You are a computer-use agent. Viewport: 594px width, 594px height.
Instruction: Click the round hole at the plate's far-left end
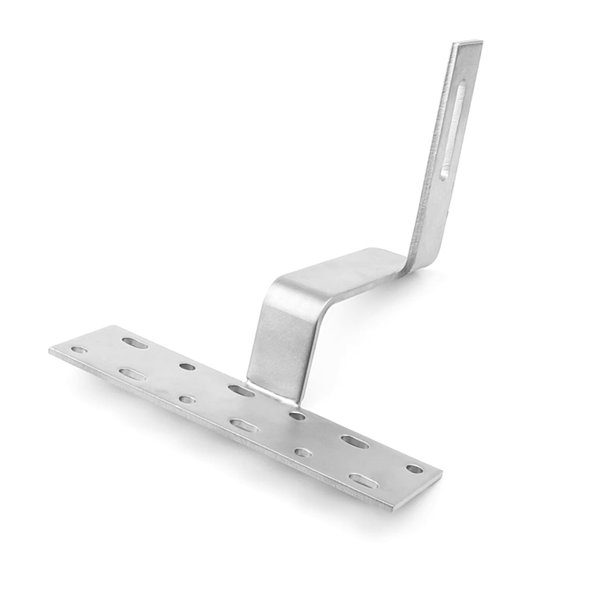click(x=79, y=350)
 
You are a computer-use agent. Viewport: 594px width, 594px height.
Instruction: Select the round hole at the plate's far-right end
click(x=414, y=469)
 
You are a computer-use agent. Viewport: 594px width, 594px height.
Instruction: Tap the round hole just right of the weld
click(x=297, y=416)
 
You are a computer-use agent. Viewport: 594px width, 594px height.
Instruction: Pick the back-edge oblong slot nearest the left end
click(x=135, y=343)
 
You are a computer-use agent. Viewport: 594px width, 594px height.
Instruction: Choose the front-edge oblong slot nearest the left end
click(x=132, y=374)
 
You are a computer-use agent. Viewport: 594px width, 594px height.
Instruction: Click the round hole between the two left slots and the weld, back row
click(x=187, y=366)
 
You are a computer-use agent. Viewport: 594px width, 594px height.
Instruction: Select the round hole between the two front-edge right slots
click(x=302, y=452)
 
